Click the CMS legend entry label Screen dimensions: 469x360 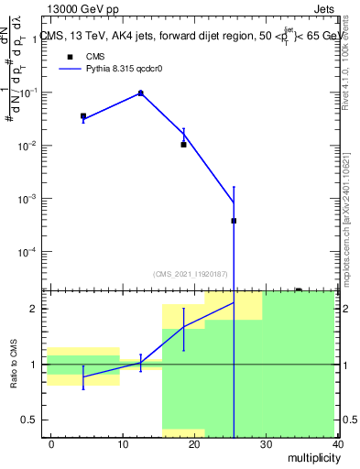click(x=95, y=56)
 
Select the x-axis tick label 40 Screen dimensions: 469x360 click(x=338, y=443)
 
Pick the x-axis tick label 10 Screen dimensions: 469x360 click(x=123, y=443)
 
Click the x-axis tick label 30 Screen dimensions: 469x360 click(x=267, y=443)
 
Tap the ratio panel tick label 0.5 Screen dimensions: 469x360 click(x=31, y=420)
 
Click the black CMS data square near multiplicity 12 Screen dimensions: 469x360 click(x=140, y=93)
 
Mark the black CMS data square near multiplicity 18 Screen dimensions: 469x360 click(x=183, y=145)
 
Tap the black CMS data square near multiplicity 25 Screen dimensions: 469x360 click(x=234, y=221)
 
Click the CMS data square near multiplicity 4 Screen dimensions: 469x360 click(x=83, y=116)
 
